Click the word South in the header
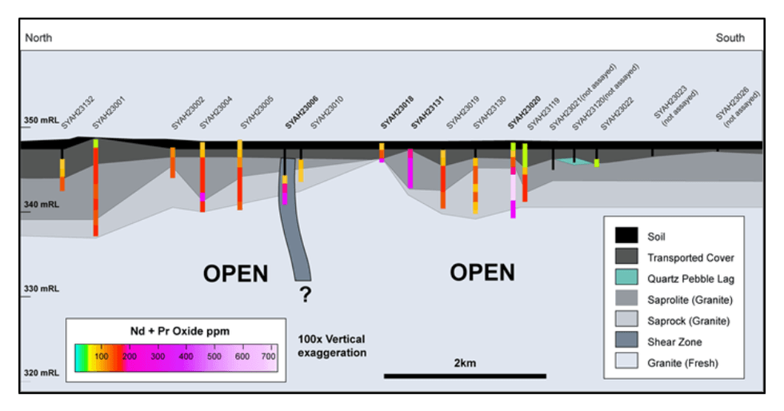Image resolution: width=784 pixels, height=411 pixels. click(x=730, y=38)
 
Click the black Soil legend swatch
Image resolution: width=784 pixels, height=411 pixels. click(x=626, y=237)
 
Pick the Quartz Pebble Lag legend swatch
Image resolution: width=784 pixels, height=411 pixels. click(x=626, y=278)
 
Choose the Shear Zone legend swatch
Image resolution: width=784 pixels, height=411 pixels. click(x=626, y=341)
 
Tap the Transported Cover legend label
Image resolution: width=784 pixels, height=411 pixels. click(x=690, y=257)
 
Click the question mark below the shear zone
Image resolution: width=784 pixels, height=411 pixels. click(x=305, y=295)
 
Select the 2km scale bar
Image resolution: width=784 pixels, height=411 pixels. click(x=465, y=375)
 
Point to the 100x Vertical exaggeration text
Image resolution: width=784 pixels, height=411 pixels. click(x=331, y=345)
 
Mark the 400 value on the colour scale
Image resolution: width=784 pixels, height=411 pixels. click(x=186, y=356)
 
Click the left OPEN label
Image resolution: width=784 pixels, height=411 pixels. click(x=235, y=273)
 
